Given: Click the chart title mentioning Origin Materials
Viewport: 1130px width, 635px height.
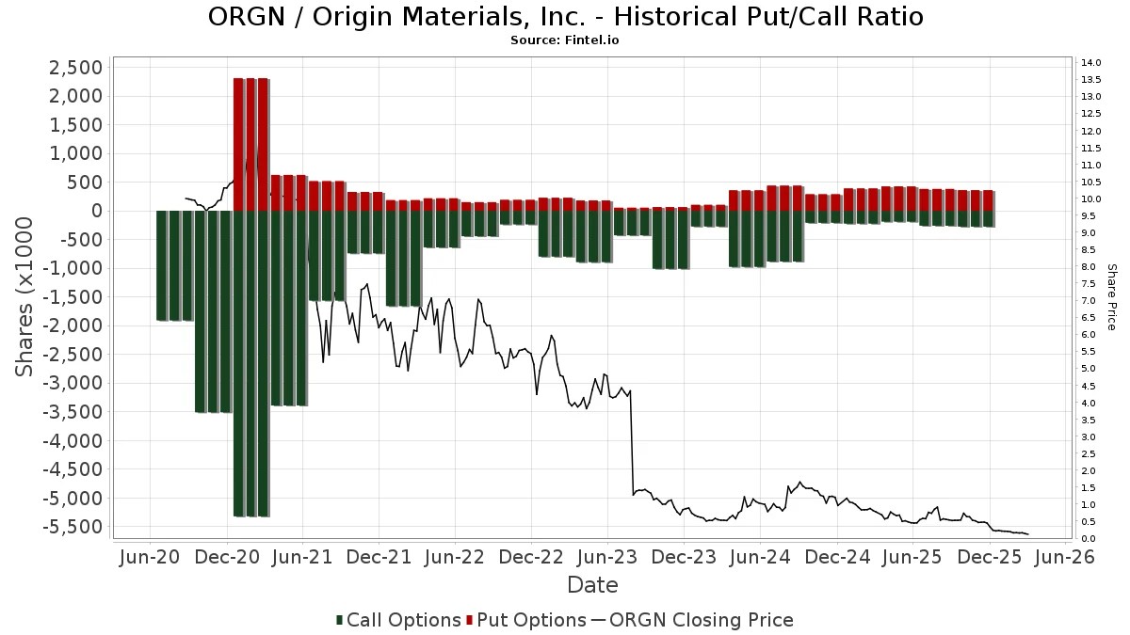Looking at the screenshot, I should (x=564, y=17).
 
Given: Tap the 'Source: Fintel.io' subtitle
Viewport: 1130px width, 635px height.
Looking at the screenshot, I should (x=564, y=40).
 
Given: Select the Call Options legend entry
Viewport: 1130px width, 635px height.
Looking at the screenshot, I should (x=399, y=620).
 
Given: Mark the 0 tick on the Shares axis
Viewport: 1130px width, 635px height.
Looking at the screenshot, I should (x=96, y=211).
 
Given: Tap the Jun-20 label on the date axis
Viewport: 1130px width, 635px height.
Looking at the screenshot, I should (x=151, y=558).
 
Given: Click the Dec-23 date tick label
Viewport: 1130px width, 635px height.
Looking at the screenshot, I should (x=683, y=558).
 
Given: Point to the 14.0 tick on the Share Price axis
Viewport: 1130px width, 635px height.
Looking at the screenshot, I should (x=1091, y=63).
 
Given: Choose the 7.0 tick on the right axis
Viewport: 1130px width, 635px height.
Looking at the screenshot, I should (x=1089, y=301).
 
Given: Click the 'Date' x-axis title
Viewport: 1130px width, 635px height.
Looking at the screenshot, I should (x=592, y=585).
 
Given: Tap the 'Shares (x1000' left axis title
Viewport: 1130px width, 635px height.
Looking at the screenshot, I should (x=25, y=296).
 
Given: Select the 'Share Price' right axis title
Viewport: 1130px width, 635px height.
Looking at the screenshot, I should (x=1112, y=296).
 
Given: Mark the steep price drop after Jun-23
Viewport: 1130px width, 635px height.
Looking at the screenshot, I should (x=632, y=442).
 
